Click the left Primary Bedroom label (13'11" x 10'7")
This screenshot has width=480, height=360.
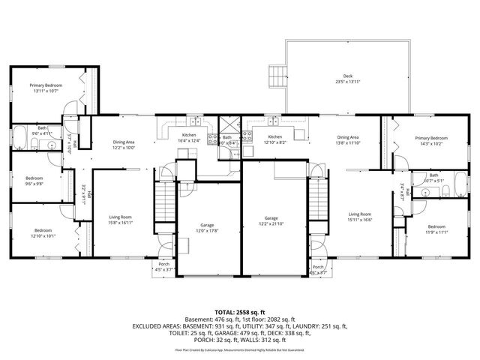[46, 88]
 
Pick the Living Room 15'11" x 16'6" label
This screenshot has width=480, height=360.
[360, 217]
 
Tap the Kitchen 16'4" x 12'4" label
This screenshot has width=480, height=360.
[189, 138]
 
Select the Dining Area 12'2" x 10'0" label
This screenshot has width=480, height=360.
[124, 145]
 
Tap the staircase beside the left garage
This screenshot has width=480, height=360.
[163, 208]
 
